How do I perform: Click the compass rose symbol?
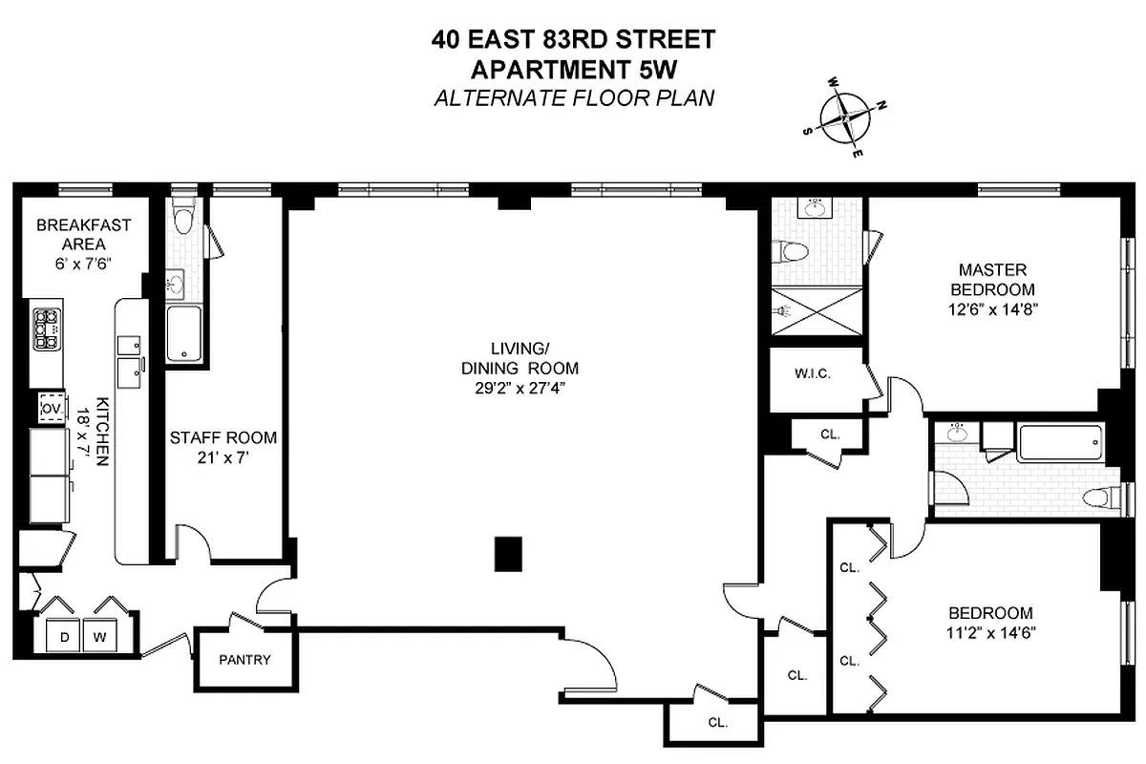(847, 117)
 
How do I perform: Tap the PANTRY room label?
(244, 659)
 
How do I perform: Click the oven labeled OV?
(51, 409)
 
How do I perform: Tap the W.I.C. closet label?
(813, 373)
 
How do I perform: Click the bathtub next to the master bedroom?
(1060, 443)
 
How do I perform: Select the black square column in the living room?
(509, 554)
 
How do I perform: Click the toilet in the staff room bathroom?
(183, 221)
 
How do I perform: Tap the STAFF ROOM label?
(223, 438)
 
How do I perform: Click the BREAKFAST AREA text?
(83, 235)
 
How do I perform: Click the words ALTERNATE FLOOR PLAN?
(574, 98)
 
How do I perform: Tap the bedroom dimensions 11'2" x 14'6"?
(990, 631)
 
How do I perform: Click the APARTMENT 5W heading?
(573, 69)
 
